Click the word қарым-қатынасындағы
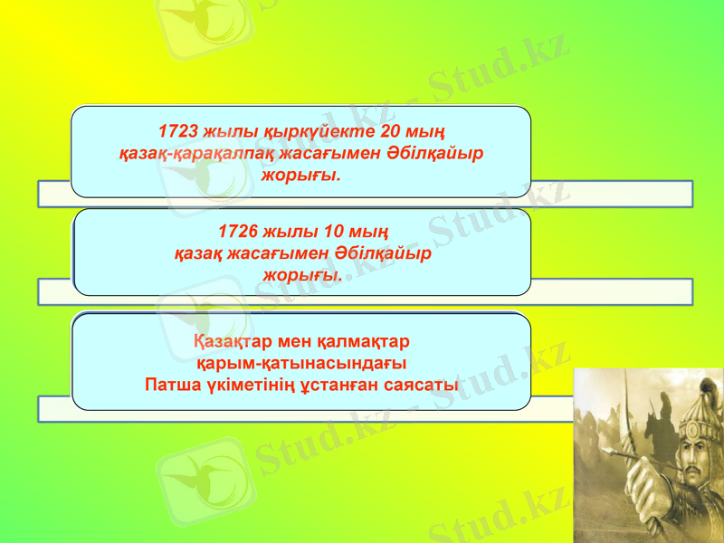(301, 364)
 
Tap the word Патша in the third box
(173, 385)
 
